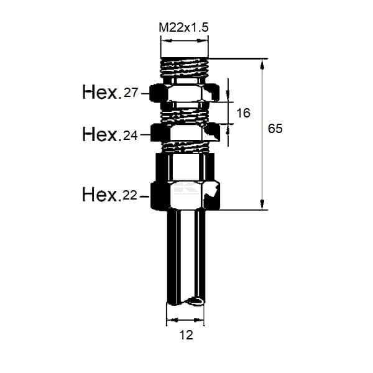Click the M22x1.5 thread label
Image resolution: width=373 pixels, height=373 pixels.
click(183, 27)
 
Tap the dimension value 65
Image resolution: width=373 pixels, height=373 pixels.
click(275, 129)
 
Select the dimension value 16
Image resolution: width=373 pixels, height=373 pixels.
click(243, 113)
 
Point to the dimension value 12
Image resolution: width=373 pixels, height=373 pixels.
click(186, 335)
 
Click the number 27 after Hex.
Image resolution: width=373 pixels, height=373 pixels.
click(131, 93)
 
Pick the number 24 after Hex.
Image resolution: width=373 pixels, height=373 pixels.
click(131, 136)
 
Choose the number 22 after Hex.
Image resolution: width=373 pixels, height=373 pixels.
click(130, 196)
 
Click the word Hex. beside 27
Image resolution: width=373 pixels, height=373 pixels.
click(100, 92)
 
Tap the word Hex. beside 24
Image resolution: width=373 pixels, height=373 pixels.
click(100, 134)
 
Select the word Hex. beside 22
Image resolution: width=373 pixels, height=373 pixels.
click(100, 195)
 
